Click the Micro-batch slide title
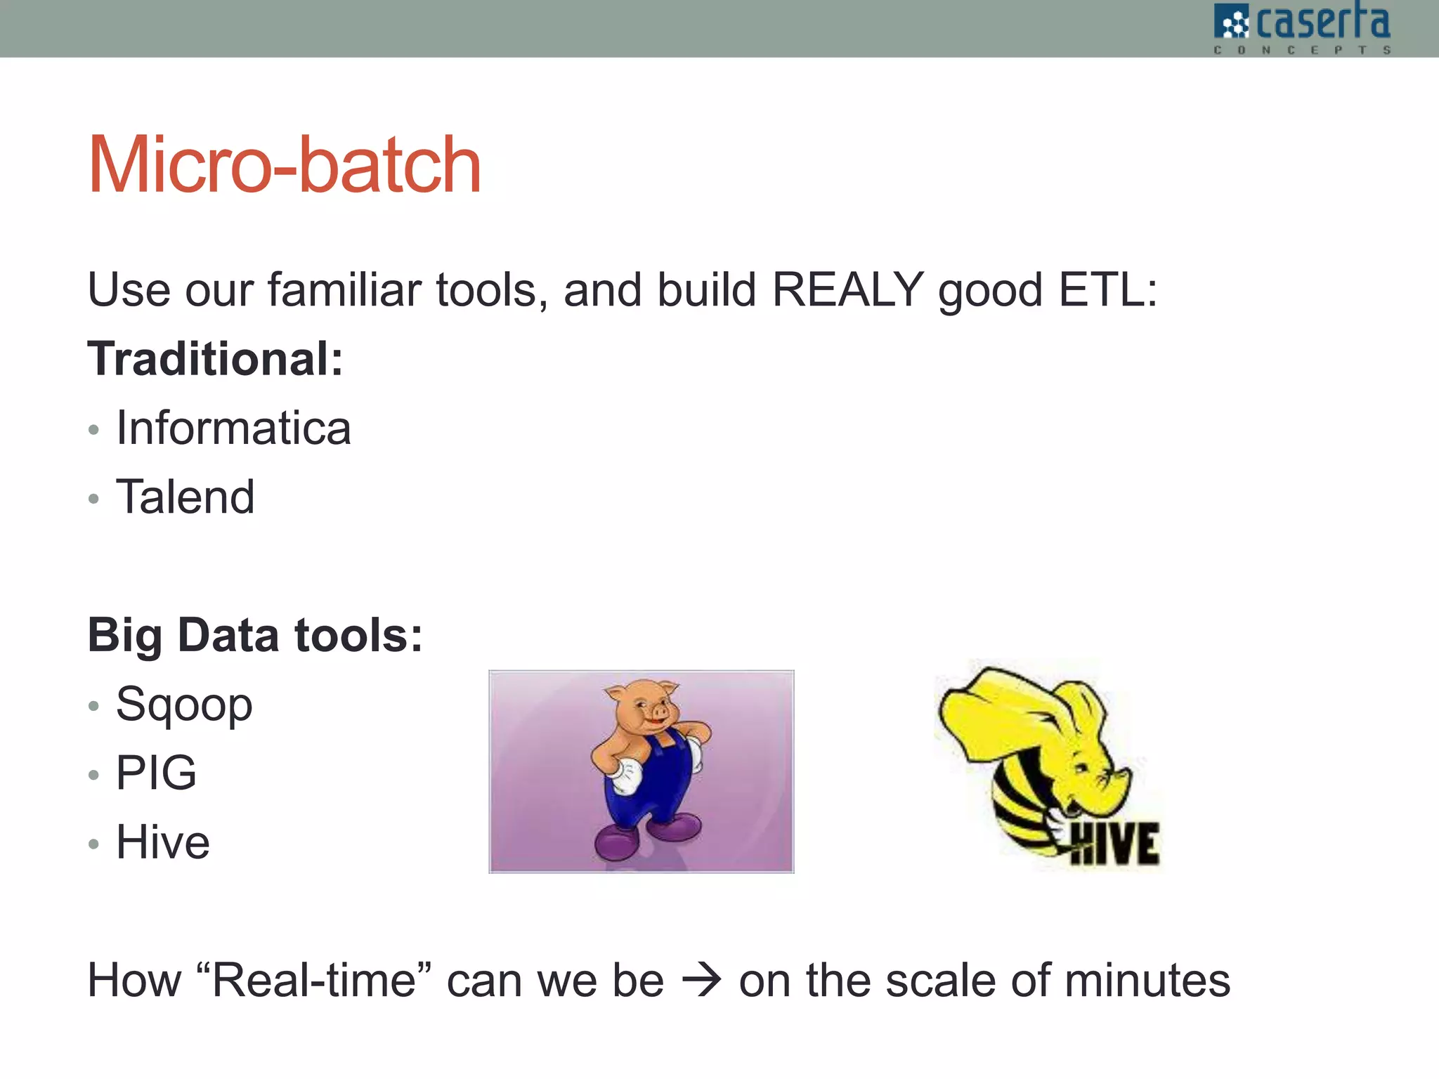[x=285, y=166]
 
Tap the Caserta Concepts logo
[x=1302, y=28]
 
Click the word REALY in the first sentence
[x=847, y=289]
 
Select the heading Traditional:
[x=215, y=359]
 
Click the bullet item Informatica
[x=233, y=428]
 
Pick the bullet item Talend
[x=185, y=497]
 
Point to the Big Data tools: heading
[x=255, y=635]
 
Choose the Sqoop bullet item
[x=184, y=704]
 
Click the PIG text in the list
[x=156, y=773]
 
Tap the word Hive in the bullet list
[x=163, y=842]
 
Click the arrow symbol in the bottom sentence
[x=701, y=980]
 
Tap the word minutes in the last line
[x=1147, y=980]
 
